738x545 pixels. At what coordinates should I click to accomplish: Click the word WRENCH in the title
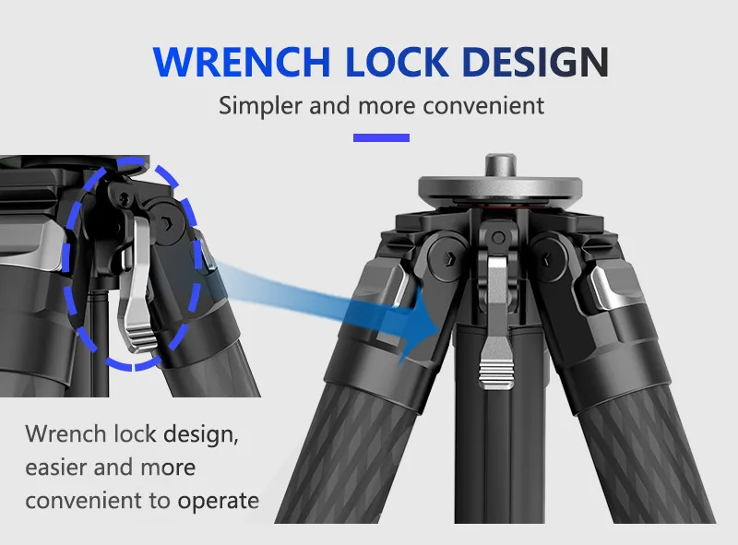(242, 62)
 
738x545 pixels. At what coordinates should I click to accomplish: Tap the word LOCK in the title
(397, 62)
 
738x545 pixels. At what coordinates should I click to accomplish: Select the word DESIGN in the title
(536, 62)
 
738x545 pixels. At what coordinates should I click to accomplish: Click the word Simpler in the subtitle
(260, 105)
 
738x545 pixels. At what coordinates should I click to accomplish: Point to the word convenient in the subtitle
(483, 105)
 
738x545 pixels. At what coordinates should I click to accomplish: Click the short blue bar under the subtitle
(381, 137)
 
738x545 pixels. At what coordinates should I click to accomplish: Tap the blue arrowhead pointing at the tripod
(419, 329)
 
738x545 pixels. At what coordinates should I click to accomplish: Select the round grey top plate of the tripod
(500, 188)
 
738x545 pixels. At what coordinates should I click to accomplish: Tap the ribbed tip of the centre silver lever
(496, 373)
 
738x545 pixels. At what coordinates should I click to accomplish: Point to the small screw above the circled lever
(125, 198)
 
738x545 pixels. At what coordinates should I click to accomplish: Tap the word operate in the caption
(218, 502)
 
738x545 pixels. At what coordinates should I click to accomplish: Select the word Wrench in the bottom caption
(65, 433)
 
